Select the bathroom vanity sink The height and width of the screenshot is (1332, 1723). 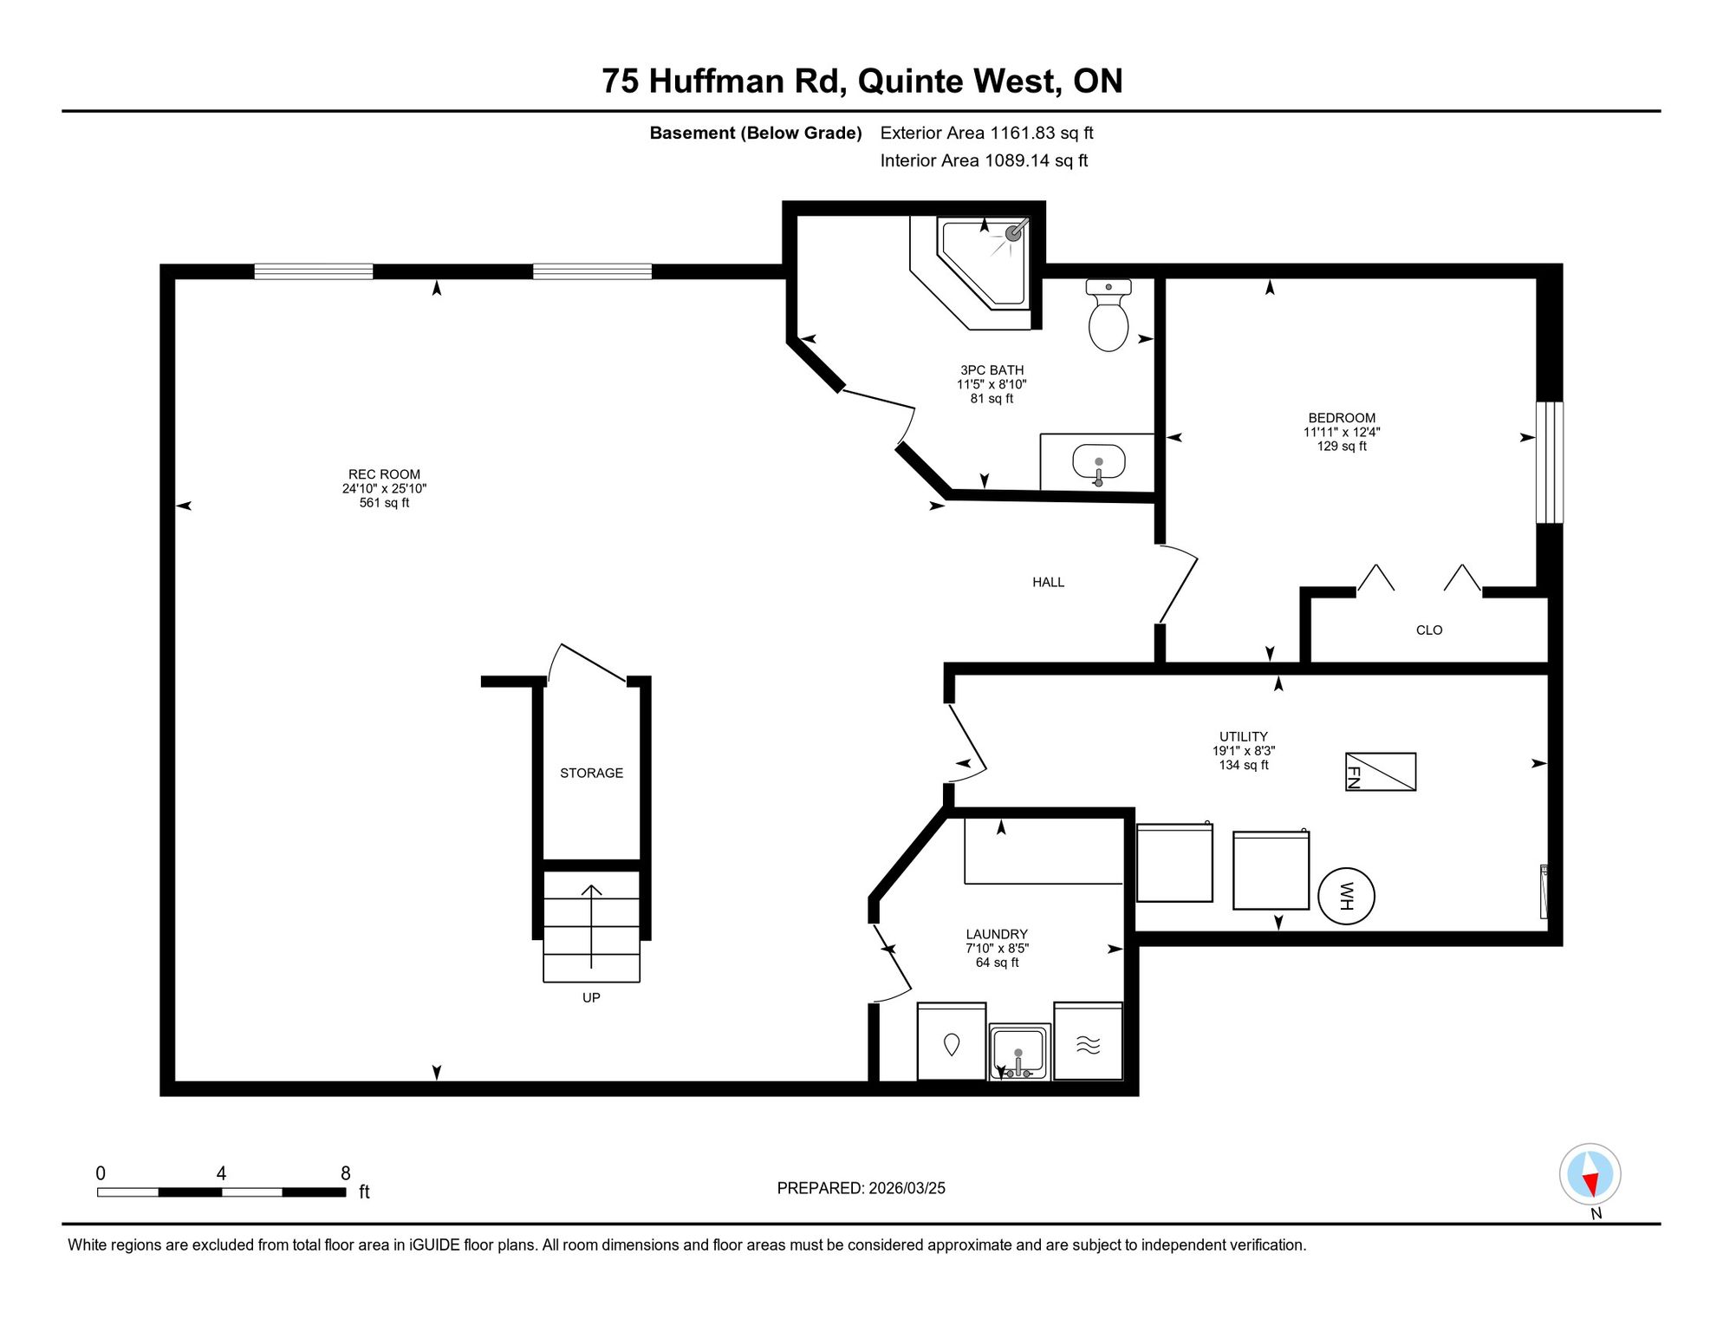[1098, 462]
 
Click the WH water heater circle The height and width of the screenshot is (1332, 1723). [1346, 896]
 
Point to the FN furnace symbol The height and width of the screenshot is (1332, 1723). [1381, 772]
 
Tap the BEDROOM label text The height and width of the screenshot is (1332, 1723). [1342, 418]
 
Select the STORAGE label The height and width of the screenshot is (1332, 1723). [591, 773]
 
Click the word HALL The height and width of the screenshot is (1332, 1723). [1048, 582]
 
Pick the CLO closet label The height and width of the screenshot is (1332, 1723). [1429, 630]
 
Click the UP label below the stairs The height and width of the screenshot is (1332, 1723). [591, 997]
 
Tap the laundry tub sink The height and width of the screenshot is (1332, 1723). [1020, 1052]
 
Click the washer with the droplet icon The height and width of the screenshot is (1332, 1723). [952, 1041]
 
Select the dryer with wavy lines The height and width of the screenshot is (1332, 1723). [1089, 1041]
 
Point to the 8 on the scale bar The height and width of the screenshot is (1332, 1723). [345, 1173]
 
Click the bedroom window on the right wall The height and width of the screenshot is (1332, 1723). [1550, 462]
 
